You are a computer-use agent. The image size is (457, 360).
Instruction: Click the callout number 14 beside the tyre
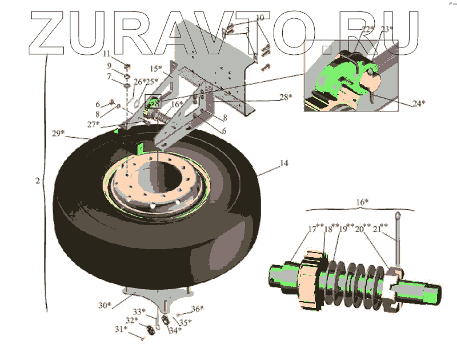point(284,163)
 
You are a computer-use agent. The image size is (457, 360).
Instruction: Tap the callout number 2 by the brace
point(37,181)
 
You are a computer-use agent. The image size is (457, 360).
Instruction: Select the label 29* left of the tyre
point(57,134)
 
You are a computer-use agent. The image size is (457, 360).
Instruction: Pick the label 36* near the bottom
point(197,309)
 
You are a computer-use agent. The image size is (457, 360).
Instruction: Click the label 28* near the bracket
point(284,97)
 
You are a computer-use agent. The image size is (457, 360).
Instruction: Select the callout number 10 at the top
point(260,18)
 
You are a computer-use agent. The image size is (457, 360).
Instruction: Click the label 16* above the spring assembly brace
point(362,202)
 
